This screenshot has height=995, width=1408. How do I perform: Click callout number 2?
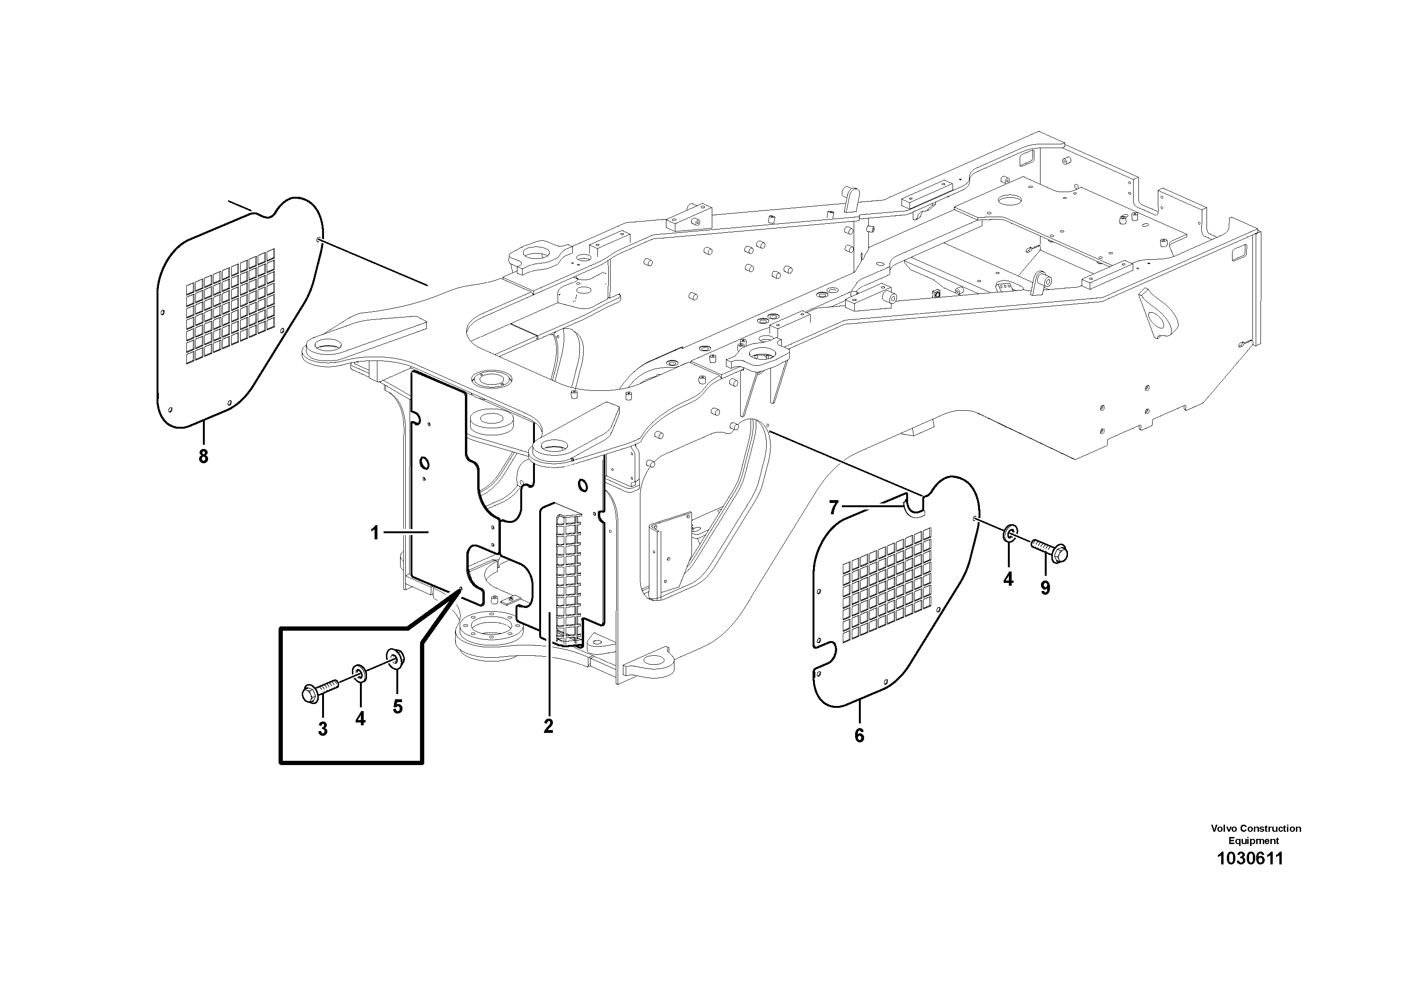(x=548, y=726)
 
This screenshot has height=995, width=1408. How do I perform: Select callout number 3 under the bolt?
(x=323, y=730)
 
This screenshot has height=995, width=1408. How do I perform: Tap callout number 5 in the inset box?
(x=397, y=707)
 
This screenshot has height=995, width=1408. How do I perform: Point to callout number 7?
(x=833, y=508)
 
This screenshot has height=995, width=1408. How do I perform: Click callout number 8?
(x=203, y=457)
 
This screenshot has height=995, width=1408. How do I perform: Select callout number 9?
(x=1045, y=588)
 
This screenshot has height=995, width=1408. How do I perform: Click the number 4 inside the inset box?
(x=360, y=718)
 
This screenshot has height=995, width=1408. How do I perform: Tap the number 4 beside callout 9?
(x=1008, y=579)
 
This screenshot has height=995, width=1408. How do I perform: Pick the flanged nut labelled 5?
(x=394, y=660)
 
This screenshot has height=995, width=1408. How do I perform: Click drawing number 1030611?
(x=1250, y=858)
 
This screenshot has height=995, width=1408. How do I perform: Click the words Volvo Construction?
(x=1255, y=828)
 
